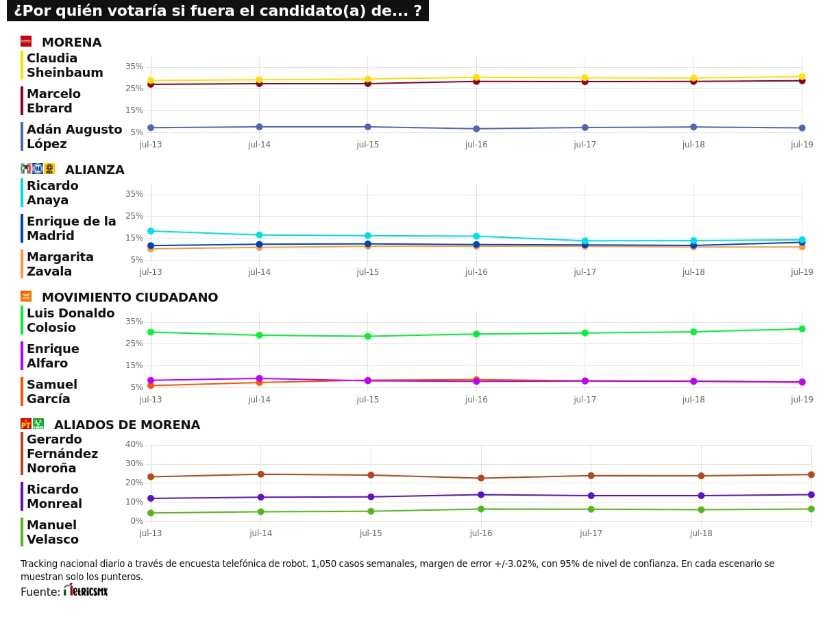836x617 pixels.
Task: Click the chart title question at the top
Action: [217, 11]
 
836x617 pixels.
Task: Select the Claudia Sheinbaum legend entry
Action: [64, 65]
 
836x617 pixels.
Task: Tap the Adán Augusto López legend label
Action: [73, 136]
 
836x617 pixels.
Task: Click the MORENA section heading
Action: [71, 43]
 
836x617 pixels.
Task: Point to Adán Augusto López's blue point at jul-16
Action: [476, 129]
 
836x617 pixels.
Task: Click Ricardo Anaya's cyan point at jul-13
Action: [151, 231]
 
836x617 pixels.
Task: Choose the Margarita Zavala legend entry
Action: [60, 264]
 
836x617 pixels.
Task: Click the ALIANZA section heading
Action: [95, 170]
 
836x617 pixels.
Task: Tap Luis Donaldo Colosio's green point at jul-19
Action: [802, 328]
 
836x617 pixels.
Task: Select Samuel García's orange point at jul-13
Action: [151, 386]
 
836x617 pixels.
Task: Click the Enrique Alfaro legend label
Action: [53, 356]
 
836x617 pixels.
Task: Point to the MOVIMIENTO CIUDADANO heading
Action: [130, 298]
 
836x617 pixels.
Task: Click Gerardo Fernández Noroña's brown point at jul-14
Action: [260, 474]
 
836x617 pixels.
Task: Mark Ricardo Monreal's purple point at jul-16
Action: [481, 495]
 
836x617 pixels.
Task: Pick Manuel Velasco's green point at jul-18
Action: [701, 509]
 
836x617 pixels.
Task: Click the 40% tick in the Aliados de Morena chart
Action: [134, 444]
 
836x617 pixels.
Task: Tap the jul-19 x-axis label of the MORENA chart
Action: [802, 145]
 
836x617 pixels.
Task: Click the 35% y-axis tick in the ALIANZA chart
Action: [134, 194]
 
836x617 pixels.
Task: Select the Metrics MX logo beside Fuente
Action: [86, 590]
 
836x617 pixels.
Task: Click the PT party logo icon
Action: [26, 424]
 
